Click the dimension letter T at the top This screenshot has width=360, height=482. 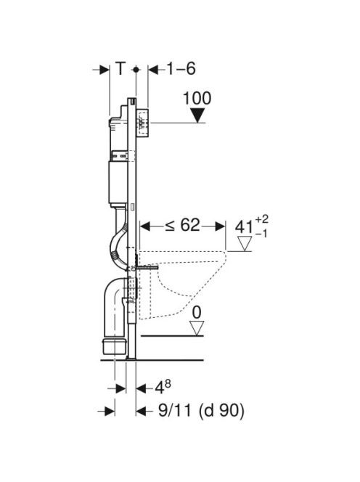pos(120,68)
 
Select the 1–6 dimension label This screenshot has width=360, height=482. pos(181,68)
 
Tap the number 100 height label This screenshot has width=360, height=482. pos(197,99)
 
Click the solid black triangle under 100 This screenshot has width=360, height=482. pos(197,115)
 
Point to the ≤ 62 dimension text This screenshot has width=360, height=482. pos(183,225)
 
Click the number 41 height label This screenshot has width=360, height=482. pos(244,228)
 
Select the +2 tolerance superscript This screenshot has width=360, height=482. pos(261,219)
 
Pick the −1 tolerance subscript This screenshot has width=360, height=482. pos(261,234)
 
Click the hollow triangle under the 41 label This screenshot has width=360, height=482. pos(245,243)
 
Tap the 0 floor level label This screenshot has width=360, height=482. pos(197,313)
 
